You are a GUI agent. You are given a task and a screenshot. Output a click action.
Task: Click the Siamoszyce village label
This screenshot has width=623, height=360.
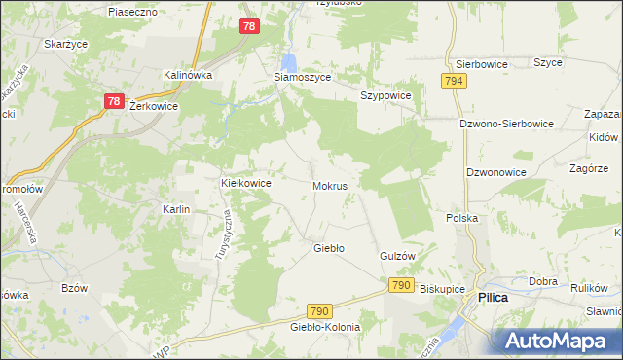pos(301,77)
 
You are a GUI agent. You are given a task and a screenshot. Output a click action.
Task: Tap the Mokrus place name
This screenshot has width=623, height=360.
pos(331,184)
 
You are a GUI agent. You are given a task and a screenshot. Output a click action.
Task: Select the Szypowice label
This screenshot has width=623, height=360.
pos(385,96)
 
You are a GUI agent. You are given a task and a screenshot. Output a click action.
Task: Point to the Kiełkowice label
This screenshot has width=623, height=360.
pos(246,182)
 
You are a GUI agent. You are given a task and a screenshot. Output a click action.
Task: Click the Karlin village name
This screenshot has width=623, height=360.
pos(176,209)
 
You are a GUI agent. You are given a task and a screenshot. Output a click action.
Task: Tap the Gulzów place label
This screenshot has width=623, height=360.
pos(397,256)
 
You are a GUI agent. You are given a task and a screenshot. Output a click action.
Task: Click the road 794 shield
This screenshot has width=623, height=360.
pos(453,83)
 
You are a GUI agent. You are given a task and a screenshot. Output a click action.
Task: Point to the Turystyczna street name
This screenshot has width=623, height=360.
pos(222,236)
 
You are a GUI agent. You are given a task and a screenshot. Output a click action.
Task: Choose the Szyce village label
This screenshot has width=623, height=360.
pos(548,62)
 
